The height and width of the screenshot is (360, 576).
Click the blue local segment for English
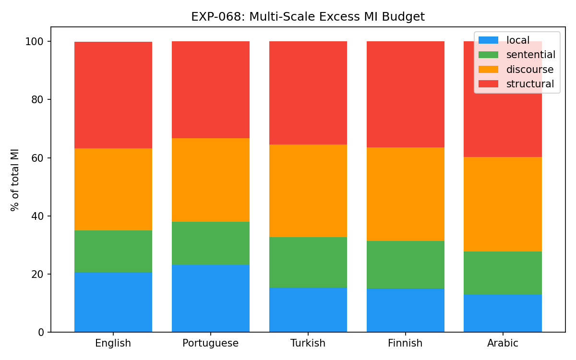(113, 302)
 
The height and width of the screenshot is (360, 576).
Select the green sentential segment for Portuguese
(211, 243)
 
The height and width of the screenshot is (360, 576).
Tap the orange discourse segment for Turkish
(308, 191)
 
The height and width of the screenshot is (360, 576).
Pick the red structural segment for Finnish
(406, 94)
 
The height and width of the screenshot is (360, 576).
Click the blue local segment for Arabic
(503, 313)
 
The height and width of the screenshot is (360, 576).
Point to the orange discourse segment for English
(113, 189)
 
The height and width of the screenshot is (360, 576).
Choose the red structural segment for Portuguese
(211, 90)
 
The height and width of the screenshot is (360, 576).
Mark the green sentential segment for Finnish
(406, 264)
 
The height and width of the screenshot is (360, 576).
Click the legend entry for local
(518, 40)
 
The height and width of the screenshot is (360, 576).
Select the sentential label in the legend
(531, 55)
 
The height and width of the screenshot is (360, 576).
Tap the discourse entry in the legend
(530, 70)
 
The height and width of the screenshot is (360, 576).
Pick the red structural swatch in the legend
(488, 84)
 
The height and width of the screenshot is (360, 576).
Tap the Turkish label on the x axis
(308, 343)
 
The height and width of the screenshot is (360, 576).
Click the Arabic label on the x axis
(503, 343)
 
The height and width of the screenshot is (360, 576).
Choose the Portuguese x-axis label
(210, 343)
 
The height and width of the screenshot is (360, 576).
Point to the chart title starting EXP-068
(308, 17)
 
